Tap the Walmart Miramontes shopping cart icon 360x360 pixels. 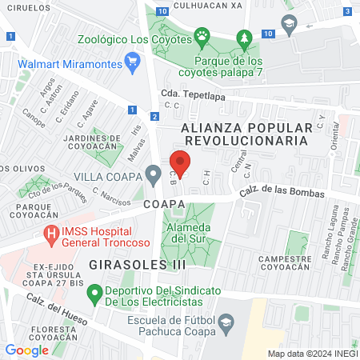[133, 62]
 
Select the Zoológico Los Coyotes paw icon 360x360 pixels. [203, 36]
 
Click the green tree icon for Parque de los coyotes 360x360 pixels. [243, 38]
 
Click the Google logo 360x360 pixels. [27, 350]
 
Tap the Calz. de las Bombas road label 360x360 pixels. [282, 193]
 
